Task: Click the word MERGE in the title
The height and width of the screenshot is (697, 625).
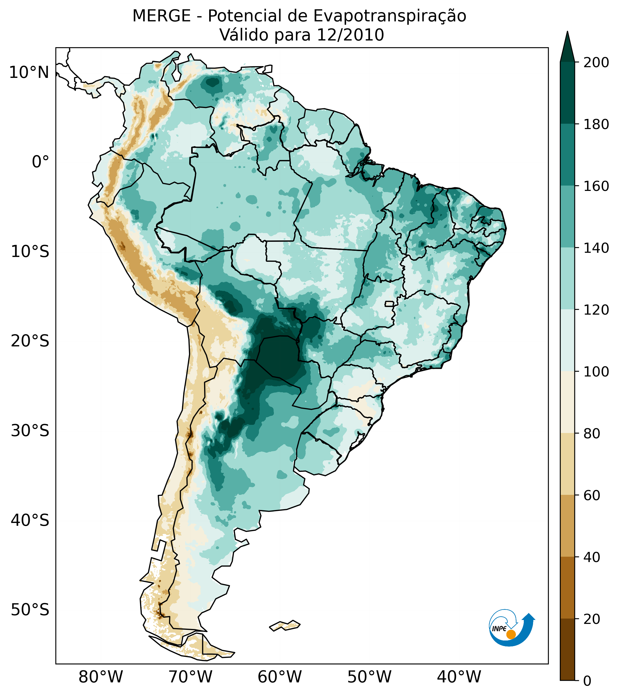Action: (x=161, y=16)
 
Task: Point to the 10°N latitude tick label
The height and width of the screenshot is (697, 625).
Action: (x=29, y=73)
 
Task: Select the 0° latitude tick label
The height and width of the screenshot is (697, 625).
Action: (x=40, y=162)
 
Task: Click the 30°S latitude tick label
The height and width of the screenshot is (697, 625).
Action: (x=30, y=430)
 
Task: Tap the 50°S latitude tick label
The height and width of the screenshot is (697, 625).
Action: (x=30, y=610)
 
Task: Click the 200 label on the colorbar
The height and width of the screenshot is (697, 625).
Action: (x=596, y=62)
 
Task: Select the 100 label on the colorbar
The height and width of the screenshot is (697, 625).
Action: (x=596, y=371)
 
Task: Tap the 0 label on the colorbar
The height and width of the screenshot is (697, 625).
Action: (x=588, y=680)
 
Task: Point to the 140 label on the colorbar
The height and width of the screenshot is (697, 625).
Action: (x=596, y=248)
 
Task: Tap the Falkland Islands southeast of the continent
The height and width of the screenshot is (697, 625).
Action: (x=285, y=625)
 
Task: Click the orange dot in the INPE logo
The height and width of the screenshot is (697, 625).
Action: (x=511, y=634)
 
